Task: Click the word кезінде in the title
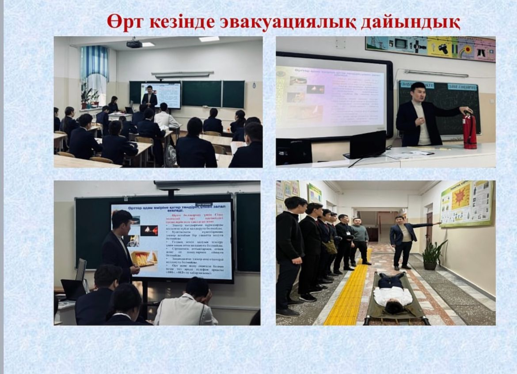185,22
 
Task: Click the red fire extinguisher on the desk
469,131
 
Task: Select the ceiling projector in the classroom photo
134,44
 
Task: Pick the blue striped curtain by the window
94,62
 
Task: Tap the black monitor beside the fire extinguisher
368,145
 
